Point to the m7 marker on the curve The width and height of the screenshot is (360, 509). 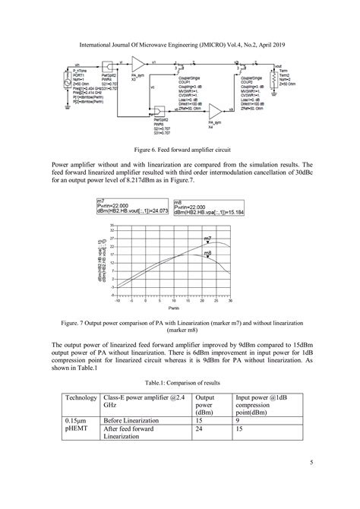click(x=208, y=242)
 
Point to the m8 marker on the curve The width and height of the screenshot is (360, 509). click(x=208, y=255)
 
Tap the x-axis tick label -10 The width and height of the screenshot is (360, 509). click(x=118, y=301)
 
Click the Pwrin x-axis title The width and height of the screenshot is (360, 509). click(x=173, y=308)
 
